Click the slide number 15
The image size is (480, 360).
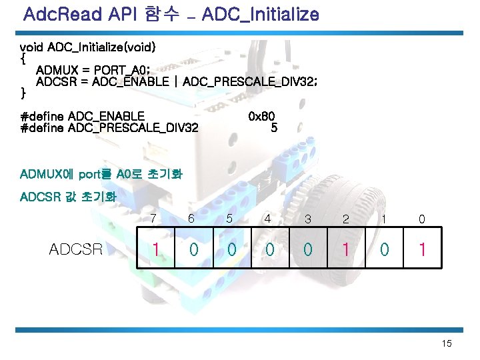(x=446, y=343)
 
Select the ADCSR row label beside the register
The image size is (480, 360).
(x=76, y=249)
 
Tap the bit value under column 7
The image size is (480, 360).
(x=154, y=249)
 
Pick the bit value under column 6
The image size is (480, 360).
(x=193, y=249)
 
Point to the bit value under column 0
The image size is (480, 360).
(x=422, y=249)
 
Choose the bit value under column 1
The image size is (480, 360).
(x=384, y=249)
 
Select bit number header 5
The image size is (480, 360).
(x=230, y=218)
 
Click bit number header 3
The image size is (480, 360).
(x=307, y=219)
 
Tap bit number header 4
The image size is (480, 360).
(x=268, y=218)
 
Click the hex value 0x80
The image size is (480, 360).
(x=261, y=117)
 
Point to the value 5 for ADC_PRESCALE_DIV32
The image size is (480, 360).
(x=274, y=128)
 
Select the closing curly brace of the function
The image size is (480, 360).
(x=23, y=91)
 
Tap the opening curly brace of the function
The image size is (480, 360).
(x=23, y=58)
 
